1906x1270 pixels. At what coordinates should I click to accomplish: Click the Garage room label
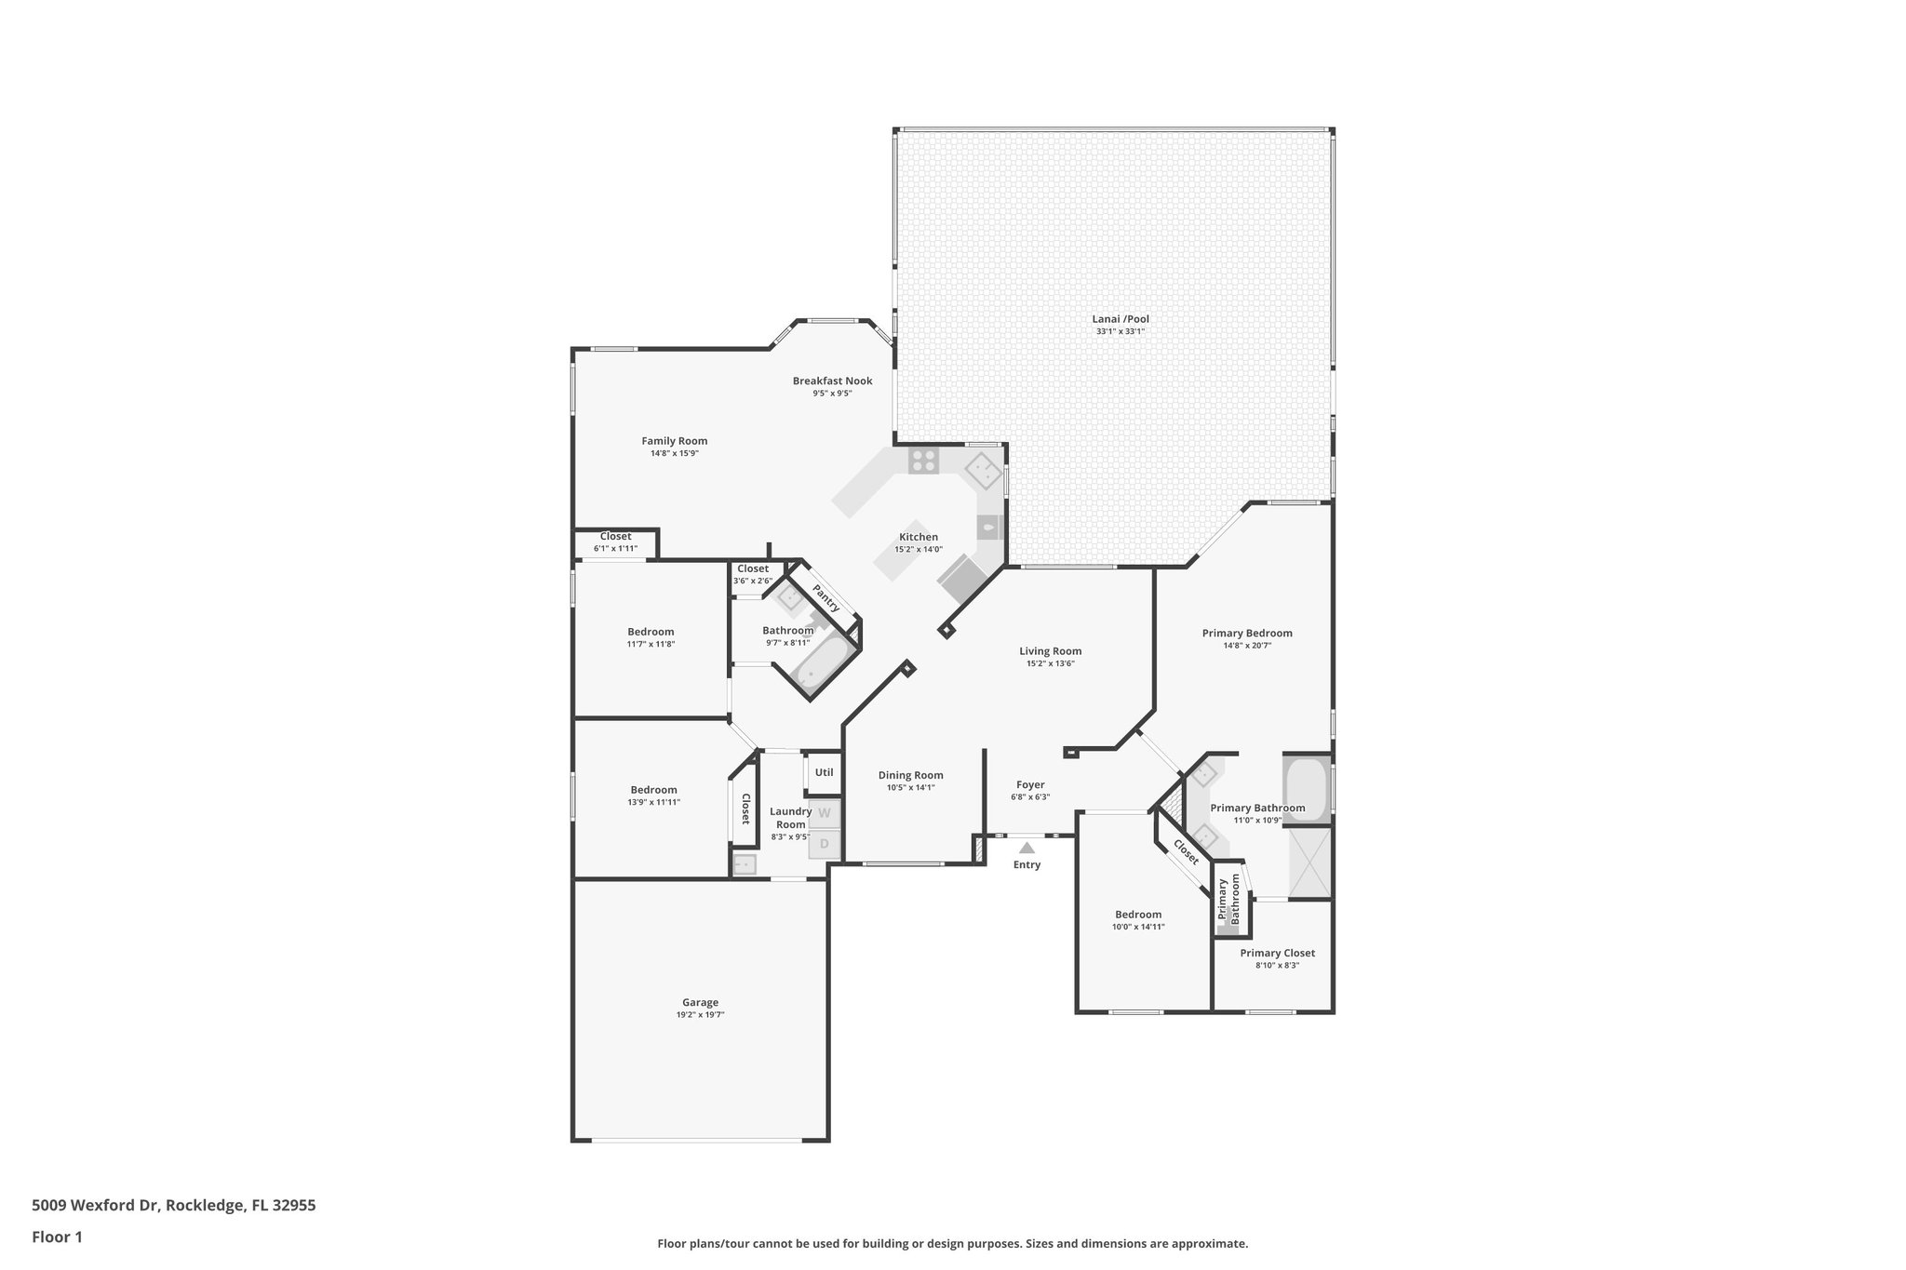(700, 1002)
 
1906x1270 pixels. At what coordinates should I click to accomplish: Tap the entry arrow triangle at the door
(1027, 848)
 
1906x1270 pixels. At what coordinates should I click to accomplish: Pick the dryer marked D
(824, 844)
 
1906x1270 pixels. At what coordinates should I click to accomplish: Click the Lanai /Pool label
(1121, 319)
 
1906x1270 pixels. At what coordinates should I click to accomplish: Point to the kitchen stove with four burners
(924, 459)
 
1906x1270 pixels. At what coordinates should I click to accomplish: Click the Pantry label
(825, 598)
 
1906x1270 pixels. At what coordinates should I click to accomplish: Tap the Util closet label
(824, 772)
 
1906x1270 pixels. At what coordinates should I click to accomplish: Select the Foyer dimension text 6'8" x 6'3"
(1030, 797)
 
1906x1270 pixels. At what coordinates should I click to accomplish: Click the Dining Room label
(910, 775)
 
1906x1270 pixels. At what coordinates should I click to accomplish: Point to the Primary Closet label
(1277, 953)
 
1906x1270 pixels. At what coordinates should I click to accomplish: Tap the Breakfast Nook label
(832, 381)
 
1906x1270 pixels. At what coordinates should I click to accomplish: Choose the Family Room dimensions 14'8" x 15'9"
(674, 454)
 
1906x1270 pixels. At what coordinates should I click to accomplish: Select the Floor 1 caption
(57, 1237)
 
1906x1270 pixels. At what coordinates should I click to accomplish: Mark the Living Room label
(1050, 651)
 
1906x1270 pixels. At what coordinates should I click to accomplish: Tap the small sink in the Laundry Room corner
(745, 865)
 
